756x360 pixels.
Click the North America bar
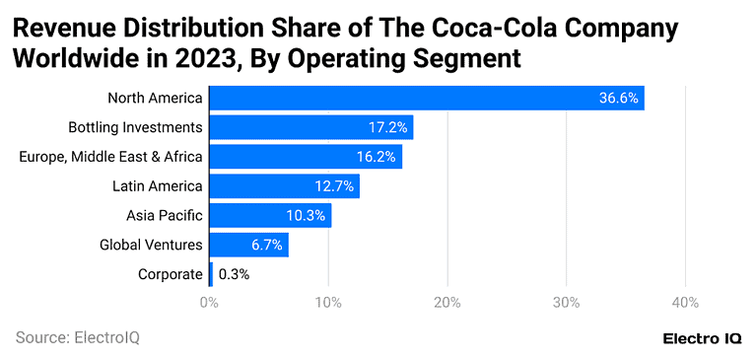(426, 98)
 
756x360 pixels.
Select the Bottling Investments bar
(310, 127)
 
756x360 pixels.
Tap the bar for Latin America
(284, 185)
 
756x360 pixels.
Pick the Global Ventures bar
(248, 245)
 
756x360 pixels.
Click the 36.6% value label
(618, 98)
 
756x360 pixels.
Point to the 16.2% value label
(377, 157)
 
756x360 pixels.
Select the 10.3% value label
(307, 215)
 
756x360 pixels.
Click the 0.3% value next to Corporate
(234, 274)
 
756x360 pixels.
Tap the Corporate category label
(171, 274)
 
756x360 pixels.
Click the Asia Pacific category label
(164, 215)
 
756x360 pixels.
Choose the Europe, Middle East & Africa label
(110, 157)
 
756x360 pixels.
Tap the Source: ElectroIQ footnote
(78, 337)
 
